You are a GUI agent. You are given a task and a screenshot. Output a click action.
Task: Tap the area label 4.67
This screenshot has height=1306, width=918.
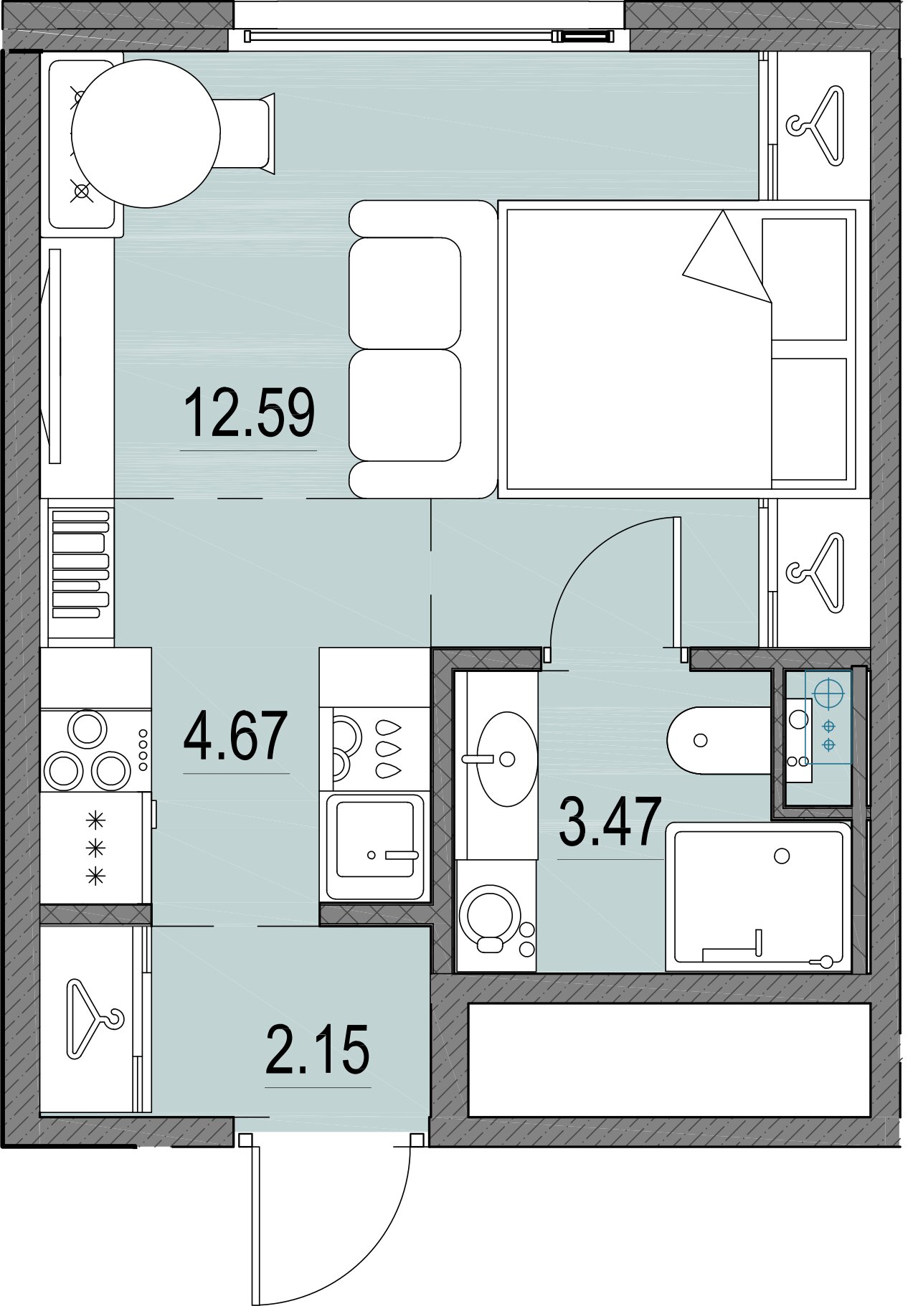235,737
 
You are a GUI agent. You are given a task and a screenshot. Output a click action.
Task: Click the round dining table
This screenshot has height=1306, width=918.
146,134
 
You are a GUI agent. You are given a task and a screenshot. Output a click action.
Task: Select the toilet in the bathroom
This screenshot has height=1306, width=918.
717,740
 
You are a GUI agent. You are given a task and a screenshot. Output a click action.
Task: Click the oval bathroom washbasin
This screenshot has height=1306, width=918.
507,758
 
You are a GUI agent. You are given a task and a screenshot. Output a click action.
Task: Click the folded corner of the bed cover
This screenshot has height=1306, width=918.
724,258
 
